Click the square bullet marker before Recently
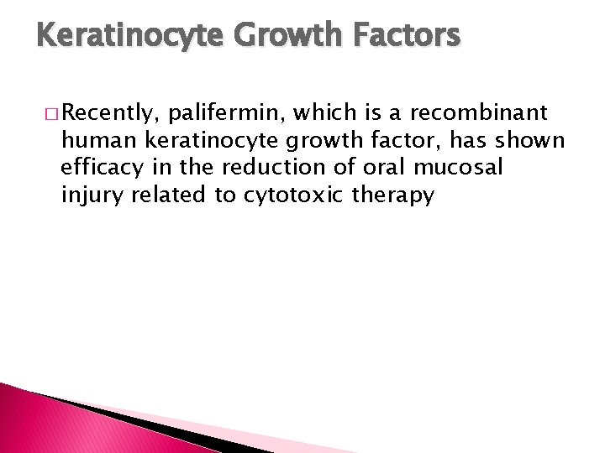pyautogui.click(x=53, y=112)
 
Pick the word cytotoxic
pyautogui.click(x=281, y=195)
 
